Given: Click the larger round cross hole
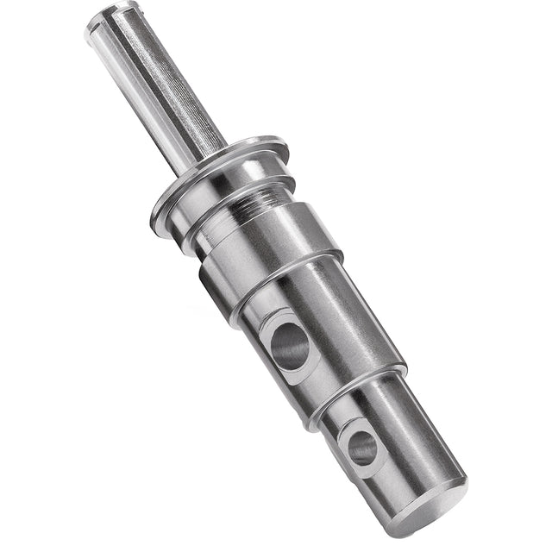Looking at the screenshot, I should coord(290,344).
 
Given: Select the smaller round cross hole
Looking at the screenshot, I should coord(363,448).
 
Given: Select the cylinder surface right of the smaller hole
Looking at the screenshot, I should coord(414,431).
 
